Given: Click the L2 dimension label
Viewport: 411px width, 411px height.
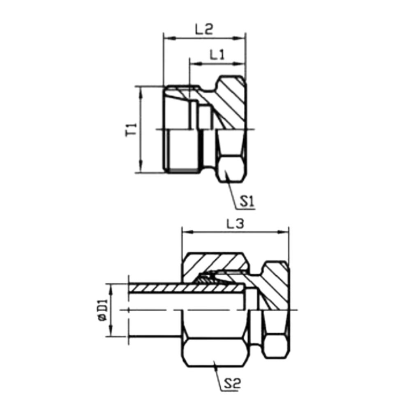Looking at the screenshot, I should click(204, 29).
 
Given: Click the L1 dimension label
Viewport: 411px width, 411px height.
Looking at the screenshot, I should click(217, 55).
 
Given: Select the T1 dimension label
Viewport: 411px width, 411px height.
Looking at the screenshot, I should click(131, 130).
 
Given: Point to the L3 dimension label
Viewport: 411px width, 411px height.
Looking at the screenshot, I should click(236, 224).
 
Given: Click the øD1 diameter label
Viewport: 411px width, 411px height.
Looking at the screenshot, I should click(103, 310).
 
